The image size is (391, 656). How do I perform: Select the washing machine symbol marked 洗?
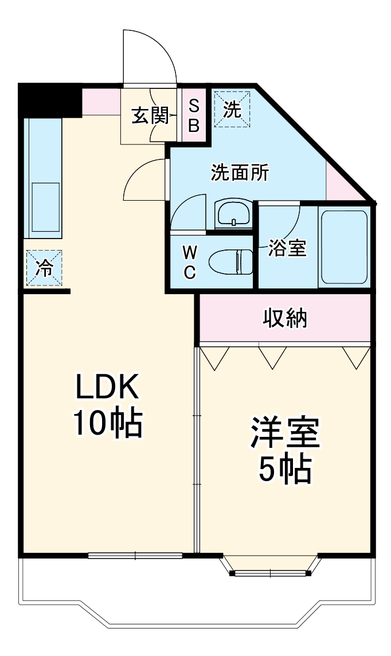point(232,110)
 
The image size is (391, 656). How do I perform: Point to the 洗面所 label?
point(240,172)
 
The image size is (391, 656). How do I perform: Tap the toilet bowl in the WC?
point(231,262)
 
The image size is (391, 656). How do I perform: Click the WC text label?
point(190,263)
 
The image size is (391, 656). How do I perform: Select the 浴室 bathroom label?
point(288,248)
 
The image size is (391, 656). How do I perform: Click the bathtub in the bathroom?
point(344,247)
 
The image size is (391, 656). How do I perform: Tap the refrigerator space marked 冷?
point(44,268)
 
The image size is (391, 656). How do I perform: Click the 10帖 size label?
point(108,423)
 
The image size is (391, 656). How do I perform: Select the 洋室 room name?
point(285,433)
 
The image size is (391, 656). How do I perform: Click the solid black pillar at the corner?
point(50,100)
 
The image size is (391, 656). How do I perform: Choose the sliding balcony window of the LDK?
point(135,556)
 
